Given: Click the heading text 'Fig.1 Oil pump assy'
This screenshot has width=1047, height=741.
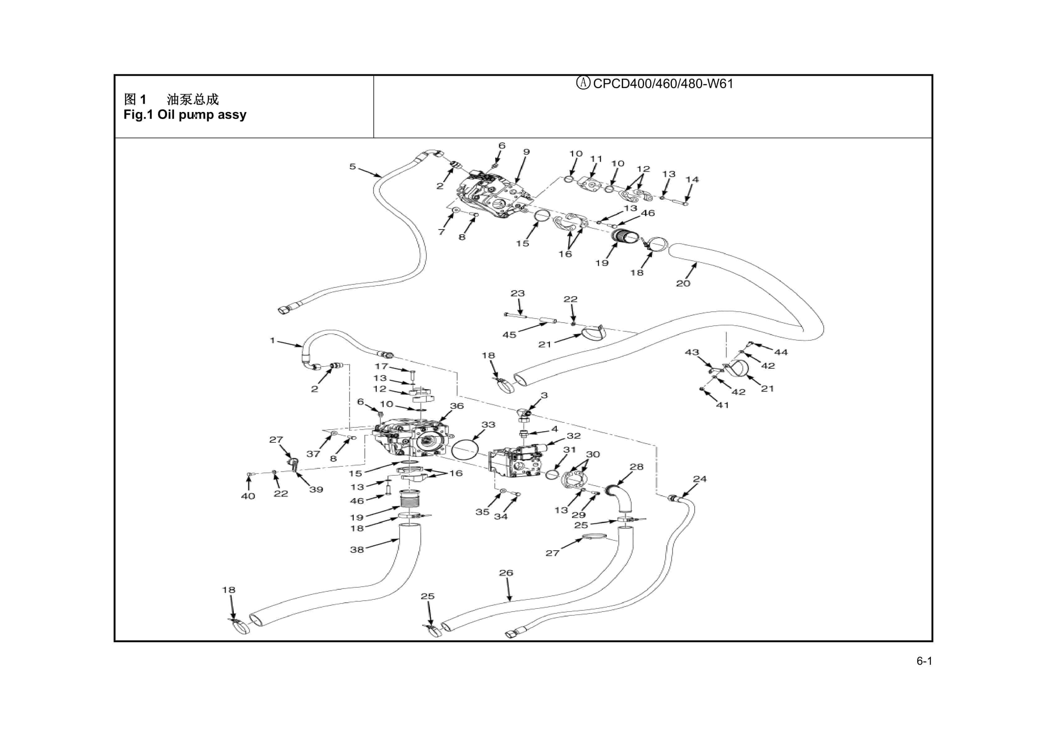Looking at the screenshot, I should tap(185, 114).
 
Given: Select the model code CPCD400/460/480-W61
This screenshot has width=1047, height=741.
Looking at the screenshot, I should tap(662, 84).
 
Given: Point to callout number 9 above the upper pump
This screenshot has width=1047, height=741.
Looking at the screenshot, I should tap(526, 152).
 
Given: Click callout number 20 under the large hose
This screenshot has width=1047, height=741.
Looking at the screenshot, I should tap(683, 283).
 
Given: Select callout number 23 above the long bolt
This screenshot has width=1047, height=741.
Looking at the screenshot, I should tap(518, 293).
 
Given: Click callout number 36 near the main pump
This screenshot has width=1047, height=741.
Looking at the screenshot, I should tap(456, 406).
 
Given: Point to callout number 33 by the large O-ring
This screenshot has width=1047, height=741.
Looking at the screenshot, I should tap(488, 424).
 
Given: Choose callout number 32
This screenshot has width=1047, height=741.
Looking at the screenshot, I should tap(573, 436).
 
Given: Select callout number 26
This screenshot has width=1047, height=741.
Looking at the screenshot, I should tap(506, 573).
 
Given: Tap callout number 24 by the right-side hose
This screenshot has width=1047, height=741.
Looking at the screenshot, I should tap(699, 479).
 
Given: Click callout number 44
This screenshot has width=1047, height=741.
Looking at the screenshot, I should tap(781, 352).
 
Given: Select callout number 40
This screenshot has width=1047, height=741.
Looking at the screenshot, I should tap(248, 496).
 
